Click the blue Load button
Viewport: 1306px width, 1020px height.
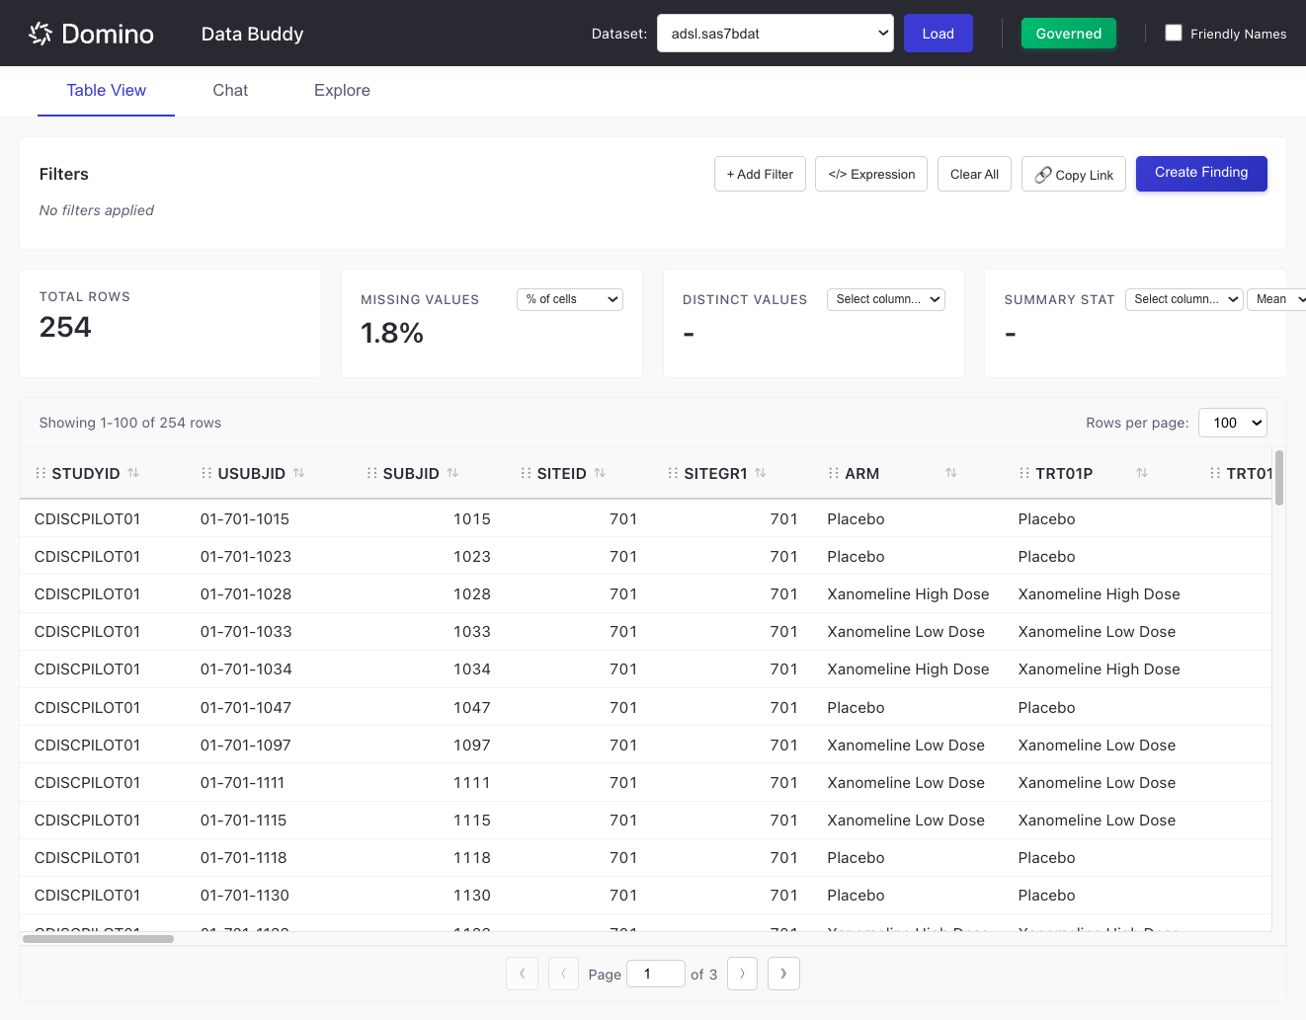(938, 34)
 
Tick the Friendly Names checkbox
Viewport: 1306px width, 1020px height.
(1174, 33)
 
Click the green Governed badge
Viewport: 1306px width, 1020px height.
(1068, 34)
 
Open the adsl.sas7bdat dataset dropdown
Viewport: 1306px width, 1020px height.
(775, 34)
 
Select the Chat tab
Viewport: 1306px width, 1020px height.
(230, 90)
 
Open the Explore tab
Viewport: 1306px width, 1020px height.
(342, 90)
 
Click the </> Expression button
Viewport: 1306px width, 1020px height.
(870, 174)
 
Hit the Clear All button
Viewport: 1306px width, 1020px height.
(974, 174)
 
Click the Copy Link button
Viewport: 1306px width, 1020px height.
(1073, 175)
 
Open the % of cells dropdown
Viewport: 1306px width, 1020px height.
(569, 299)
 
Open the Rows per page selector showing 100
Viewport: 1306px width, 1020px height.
(1232, 423)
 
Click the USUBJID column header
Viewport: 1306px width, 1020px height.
(251, 474)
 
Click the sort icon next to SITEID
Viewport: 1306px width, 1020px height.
(600, 473)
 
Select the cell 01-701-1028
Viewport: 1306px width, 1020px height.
(246, 594)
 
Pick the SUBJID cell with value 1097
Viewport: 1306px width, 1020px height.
(471, 745)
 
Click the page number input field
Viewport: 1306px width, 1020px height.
(655, 974)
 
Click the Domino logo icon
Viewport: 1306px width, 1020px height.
(41, 34)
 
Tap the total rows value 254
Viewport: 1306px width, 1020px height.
(65, 327)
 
